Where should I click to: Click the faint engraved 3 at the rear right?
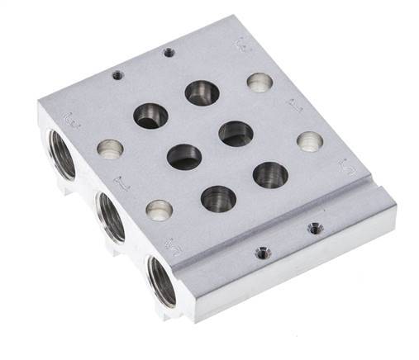click(x=240, y=41)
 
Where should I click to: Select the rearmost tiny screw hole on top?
click(x=169, y=52)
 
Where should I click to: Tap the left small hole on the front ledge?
click(x=262, y=253)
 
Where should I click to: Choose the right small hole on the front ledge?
click(x=312, y=227)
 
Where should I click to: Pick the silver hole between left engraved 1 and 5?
click(x=160, y=210)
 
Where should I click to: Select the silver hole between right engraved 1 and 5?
click(x=310, y=140)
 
